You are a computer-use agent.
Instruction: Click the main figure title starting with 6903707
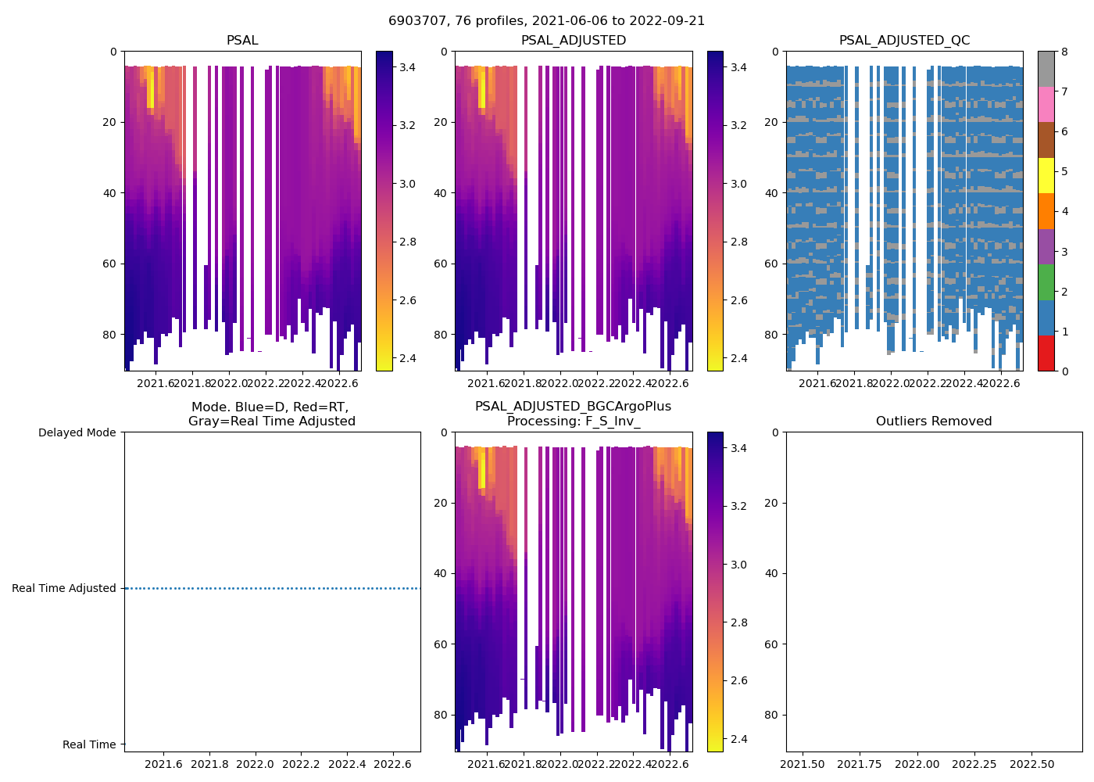pyautogui.click(x=546, y=21)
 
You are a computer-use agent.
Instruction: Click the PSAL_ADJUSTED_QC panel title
pyautogui.click(x=904, y=41)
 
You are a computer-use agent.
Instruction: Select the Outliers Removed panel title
pyautogui.click(x=934, y=421)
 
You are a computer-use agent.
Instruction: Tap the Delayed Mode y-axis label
pyautogui.click(x=77, y=432)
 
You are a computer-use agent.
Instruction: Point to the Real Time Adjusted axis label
pyautogui.click(x=64, y=588)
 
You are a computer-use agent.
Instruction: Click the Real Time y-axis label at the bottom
pyautogui.click(x=89, y=744)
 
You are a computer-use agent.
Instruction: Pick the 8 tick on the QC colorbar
pyautogui.click(x=1064, y=52)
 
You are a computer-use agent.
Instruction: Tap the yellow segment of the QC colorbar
pyautogui.click(x=1046, y=175)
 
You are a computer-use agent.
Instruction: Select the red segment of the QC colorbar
pyautogui.click(x=1046, y=353)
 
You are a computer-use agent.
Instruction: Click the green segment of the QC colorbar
pyautogui.click(x=1046, y=282)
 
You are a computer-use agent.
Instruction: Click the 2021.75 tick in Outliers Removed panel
pyautogui.click(x=860, y=763)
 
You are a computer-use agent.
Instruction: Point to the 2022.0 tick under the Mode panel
pyautogui.click(x=256, y=763)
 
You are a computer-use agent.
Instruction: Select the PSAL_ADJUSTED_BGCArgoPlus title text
pyautogui.click(x=573, y=407)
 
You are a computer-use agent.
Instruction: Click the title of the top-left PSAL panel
pyautogui.click(x=242, y=41)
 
